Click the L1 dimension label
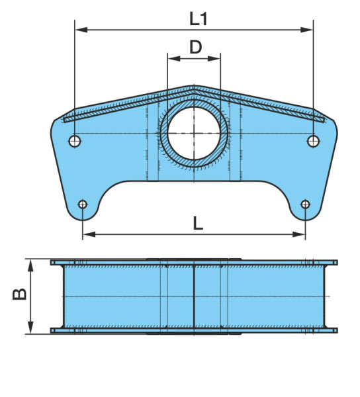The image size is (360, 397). pos(199,19)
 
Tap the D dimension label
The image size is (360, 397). pos(196,47)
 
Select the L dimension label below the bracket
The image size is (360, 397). pos(198,224)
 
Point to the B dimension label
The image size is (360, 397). pos(19,294)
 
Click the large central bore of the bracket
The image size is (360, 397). pos(194,133)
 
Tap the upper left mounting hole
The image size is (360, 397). pos(75,141)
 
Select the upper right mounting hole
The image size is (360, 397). pos(314,141)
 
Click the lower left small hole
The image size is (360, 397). pos(83,204)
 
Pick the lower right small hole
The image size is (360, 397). pos(305,204)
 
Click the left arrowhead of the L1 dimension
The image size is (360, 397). pos(81,30)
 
